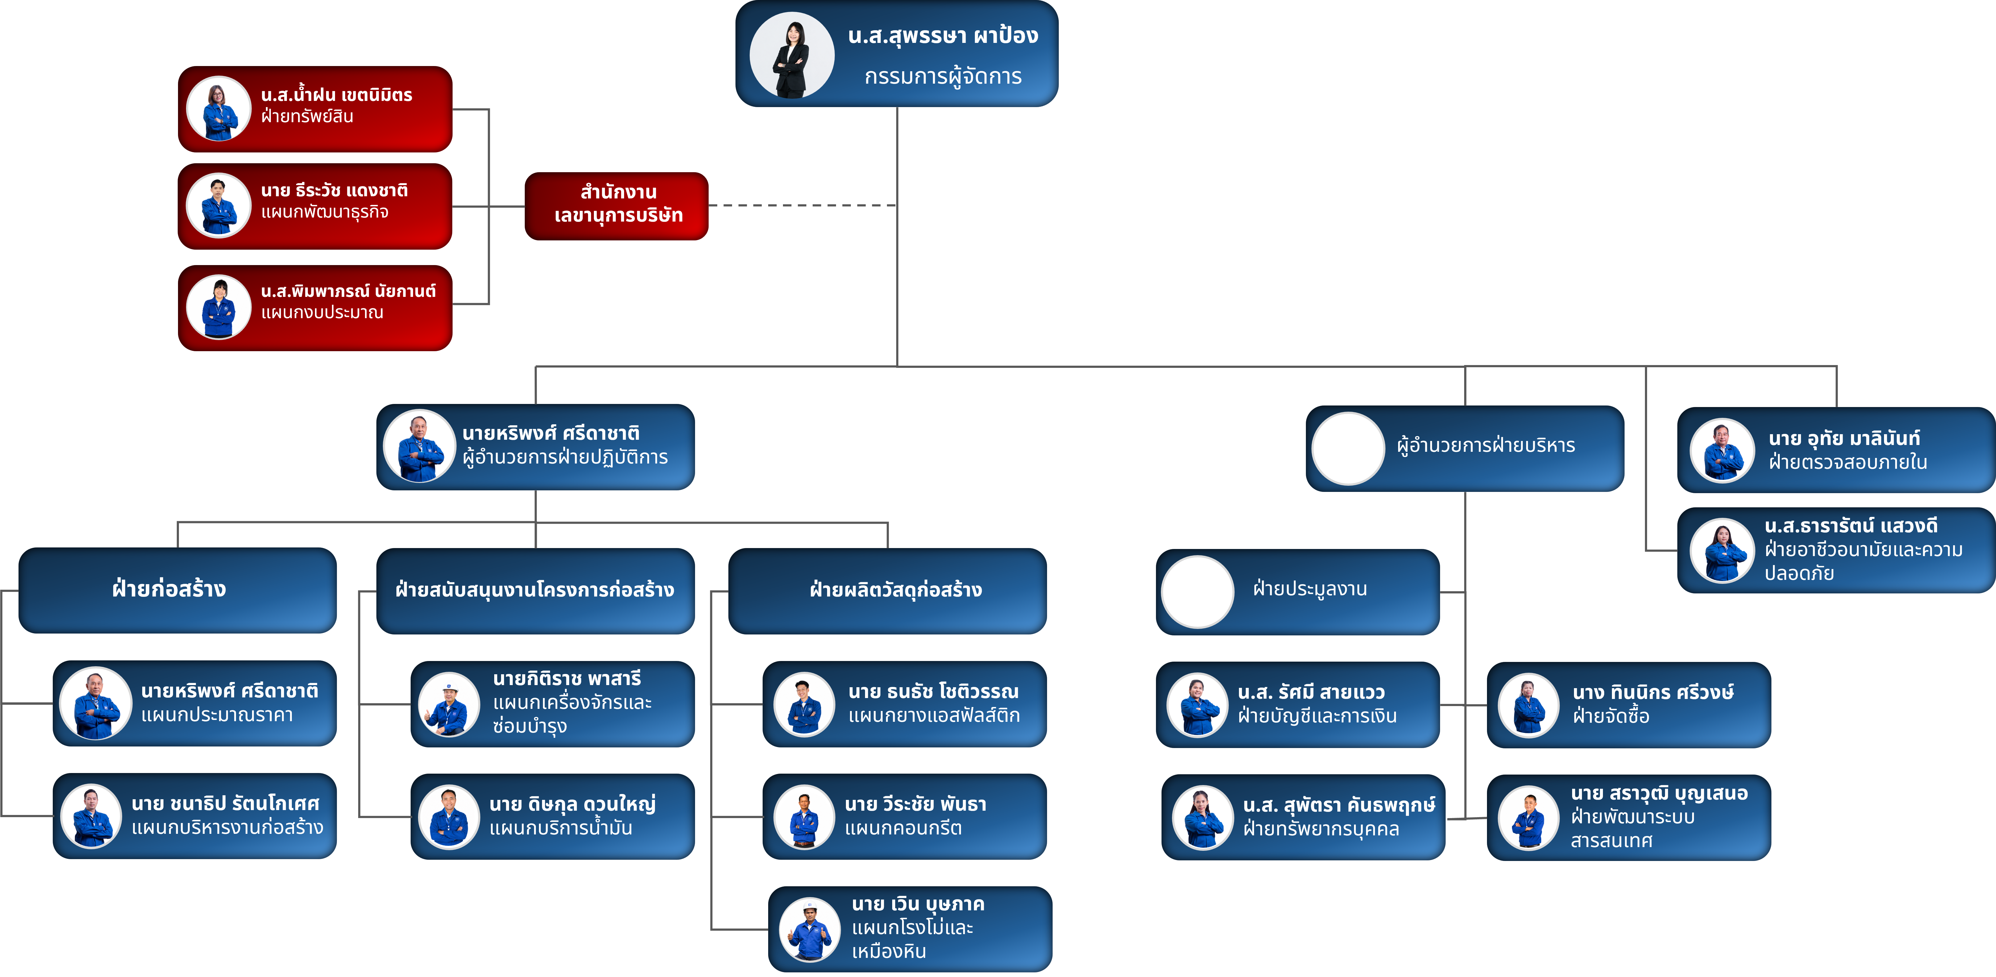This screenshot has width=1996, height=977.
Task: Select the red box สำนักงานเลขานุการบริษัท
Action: (617, 206)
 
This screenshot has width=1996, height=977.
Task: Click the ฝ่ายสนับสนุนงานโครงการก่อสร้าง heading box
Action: (536, 590)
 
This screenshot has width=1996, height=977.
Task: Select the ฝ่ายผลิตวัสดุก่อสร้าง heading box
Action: (887, 590)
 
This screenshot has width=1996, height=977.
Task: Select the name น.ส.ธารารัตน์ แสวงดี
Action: (1851, 526)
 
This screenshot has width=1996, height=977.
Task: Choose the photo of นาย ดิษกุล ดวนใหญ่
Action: (449, 817)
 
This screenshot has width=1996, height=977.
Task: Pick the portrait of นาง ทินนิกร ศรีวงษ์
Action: (1528, 705)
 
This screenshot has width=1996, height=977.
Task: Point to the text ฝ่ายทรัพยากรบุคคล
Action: (1321, 829)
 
